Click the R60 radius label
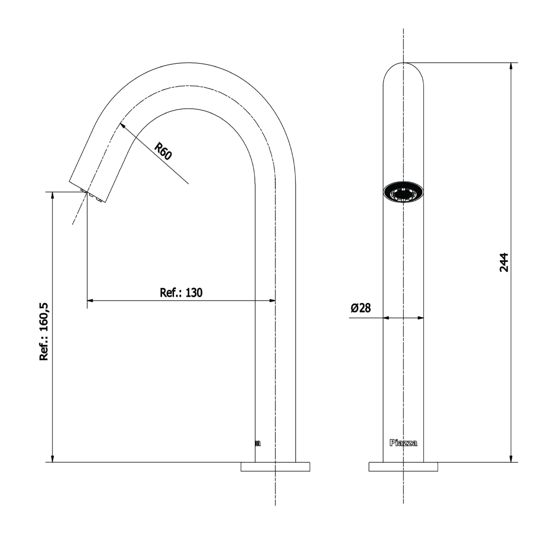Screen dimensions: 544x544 click(x=163, y=152)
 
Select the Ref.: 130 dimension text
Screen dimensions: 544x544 click(x=181, y=293)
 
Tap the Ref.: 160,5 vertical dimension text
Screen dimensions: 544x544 click(x=44, y=332)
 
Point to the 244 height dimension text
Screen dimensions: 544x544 click(x=504, y=262)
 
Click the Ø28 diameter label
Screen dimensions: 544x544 click(x=361, y=308)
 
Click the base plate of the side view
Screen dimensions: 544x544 click(x=275, y=467)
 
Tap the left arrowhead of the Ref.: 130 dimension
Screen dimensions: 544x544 click(x=90, y=301)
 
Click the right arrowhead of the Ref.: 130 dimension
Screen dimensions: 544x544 click(x=272, y=301)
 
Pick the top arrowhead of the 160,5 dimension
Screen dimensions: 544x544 click(x=52, y=196)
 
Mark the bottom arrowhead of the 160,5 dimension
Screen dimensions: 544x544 click(x=52, y=458)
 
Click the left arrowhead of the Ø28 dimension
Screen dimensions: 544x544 click(x=386, y=318)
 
